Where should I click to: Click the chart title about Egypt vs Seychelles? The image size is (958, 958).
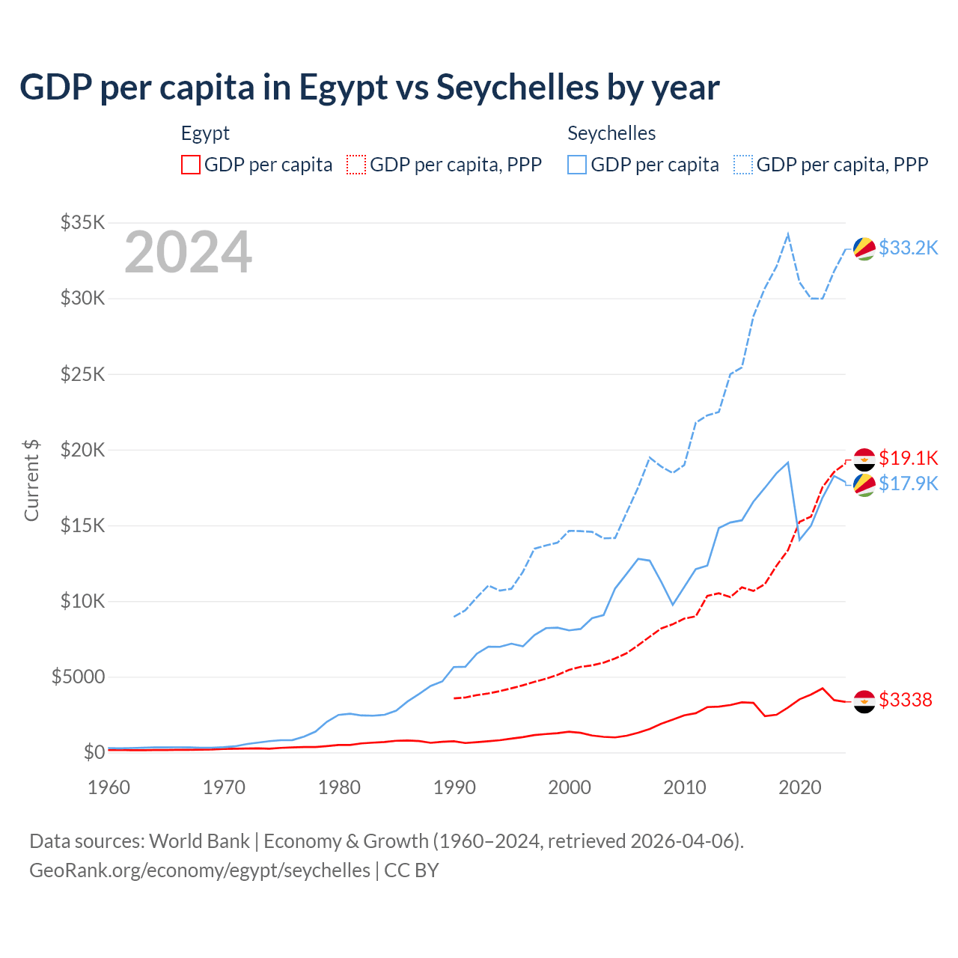coord(370,88)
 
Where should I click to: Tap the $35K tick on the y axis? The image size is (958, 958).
coord(83,222)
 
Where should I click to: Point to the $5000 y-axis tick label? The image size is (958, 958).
coord(78,677)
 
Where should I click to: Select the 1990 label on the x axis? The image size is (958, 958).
coord(454,787)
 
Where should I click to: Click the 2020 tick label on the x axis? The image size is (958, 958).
coord(800,787)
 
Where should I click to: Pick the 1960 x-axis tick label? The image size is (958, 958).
coord(109,787)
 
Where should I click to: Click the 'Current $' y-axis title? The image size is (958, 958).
coord(31,480)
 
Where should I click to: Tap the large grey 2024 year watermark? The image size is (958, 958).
coord(188,252)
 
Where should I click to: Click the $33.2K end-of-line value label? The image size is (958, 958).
coord(908,248)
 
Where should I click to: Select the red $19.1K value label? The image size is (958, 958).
coord(908,457)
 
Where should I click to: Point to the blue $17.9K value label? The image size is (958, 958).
coord(908,483)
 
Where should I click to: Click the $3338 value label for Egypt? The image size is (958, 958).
coord(906,700)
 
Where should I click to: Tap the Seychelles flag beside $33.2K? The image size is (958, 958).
coord(864,248)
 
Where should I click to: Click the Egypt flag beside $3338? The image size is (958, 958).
coord(864,701)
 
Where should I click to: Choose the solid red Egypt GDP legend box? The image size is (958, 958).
coord(191,165)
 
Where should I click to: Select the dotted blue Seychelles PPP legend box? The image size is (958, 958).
coord(743,165)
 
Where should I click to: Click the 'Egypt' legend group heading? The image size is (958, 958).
coord(205,134)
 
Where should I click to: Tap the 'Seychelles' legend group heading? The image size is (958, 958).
coord(611,134)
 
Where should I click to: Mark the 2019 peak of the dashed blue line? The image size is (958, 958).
coord(788,234)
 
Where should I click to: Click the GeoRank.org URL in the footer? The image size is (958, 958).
coord(200,870)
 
